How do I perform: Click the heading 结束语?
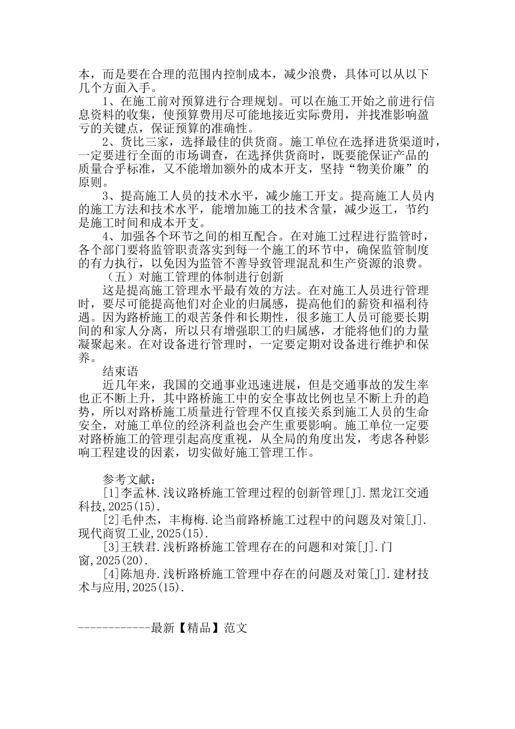pos(121,372)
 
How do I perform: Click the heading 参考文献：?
pos(130,479)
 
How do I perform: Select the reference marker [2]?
pos(111,520)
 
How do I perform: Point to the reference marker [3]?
pos(111,547)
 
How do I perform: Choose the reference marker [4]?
pos(111,574)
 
